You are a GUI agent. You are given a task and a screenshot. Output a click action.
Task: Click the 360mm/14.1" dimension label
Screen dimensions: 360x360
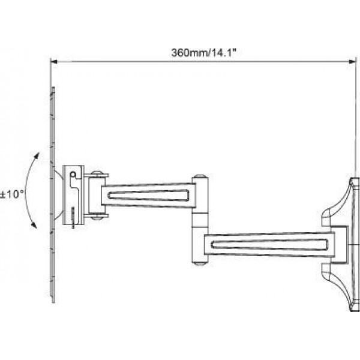(x=203, y=53)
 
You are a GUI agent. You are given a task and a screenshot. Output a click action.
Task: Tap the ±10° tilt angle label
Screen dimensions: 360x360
(x=12, y=194)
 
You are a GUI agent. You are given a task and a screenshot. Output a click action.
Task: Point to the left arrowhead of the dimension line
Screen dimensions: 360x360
(x=54, y=62)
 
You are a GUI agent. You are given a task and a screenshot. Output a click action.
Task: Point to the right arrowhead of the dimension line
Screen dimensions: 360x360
(x=352, y=62)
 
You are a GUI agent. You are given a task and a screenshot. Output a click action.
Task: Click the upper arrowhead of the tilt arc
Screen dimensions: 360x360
(x=37, y=155)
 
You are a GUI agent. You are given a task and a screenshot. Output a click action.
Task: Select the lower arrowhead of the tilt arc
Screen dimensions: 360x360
(x=34, y=225)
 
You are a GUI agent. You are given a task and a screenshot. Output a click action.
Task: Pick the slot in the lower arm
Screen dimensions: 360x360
(x=269, y=244)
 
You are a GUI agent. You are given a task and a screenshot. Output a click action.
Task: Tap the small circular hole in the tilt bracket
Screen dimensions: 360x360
(x=73, y=175)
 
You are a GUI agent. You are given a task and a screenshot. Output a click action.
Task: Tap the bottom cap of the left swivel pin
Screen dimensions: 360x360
(x=97, y=218)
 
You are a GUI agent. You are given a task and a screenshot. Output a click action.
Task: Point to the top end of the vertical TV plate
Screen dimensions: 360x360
(x=53, y=88)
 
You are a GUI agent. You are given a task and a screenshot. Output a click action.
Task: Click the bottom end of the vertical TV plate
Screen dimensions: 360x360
(x=53, y=302)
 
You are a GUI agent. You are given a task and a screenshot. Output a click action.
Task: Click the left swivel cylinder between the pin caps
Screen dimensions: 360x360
(x=97, y=195)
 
